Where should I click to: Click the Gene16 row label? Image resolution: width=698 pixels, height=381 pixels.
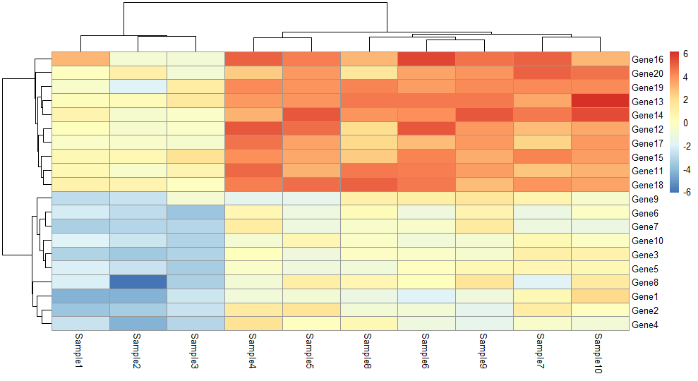(646, 59)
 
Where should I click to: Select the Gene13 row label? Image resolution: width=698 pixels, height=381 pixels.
(646, 101)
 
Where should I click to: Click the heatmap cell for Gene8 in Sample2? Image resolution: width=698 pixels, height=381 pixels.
(138, 282)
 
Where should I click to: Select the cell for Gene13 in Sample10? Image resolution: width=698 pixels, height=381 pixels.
(598, 101)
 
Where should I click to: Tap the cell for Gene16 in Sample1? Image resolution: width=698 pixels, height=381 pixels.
(80, 59)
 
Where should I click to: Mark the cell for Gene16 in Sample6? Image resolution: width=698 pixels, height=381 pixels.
(426, 59)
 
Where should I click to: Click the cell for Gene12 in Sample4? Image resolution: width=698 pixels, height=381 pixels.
(253, 128)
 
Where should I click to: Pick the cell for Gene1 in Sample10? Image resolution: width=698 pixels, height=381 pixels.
(598, 296)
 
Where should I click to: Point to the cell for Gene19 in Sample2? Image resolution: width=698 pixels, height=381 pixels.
(138, 87)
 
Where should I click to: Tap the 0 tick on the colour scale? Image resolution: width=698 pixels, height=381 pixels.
(685, 123)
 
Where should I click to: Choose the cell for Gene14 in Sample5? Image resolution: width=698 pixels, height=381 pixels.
(311, 114)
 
